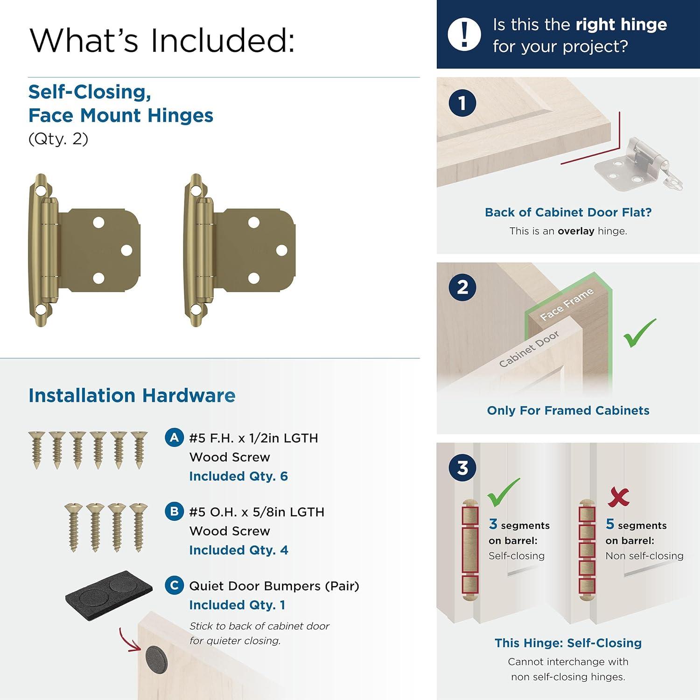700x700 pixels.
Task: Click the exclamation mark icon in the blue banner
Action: click(464, 35)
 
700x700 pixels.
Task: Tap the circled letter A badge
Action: click(174, 438)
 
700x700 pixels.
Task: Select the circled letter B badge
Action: click(174, 511)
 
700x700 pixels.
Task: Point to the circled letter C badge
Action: click(174, 585)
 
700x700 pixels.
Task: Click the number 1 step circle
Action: click(462, 103)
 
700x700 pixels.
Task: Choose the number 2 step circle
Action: click(462, 287)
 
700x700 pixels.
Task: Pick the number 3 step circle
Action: click(462, 468)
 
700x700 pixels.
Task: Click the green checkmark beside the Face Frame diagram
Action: click(640, 333)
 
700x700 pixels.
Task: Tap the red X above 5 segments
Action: click(619, 497)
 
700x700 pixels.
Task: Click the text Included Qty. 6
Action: click(238, 476)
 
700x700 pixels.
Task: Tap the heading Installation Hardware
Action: click(132, 395)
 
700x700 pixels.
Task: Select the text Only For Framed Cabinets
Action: click(568, 411)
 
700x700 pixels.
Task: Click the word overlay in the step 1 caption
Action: click(576, 231)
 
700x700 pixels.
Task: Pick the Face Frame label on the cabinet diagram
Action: click(567, 304)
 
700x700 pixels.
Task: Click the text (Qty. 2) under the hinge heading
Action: click(58, 139)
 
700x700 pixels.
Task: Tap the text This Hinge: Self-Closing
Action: click(568, 643)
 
